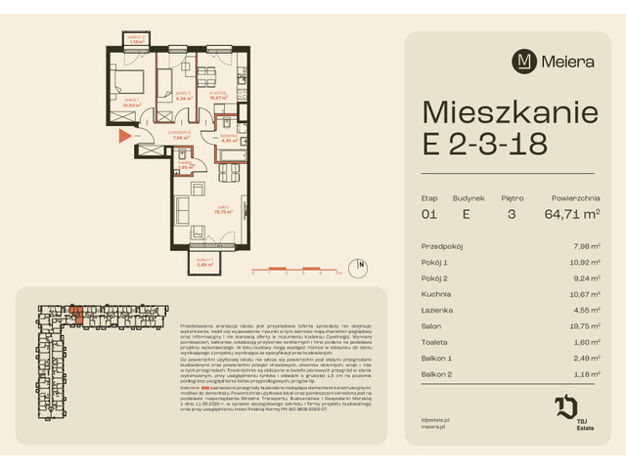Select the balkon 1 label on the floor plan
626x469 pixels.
pos(204,262)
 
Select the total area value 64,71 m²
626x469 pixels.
pos(574,213)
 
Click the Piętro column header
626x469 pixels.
pos(511,195)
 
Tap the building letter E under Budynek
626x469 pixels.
pos(467,213)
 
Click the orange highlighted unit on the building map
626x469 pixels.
pos(75,311)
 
